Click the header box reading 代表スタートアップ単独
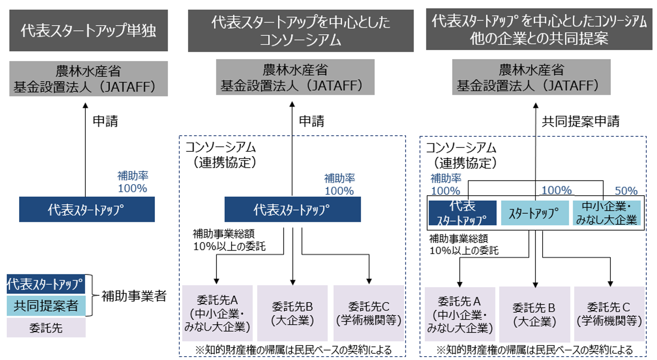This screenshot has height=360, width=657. click(89, 30)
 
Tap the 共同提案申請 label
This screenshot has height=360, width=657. click(581, 121)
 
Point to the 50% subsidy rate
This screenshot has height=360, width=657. click(626, 191)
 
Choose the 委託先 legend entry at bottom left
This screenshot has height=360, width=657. click(46, 328)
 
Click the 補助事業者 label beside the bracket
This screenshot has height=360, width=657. click(134, 296)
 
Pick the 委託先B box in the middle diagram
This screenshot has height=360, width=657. click(292, 313)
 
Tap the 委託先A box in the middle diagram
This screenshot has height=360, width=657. click(217, 313)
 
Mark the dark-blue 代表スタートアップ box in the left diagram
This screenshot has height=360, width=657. click(87, 210)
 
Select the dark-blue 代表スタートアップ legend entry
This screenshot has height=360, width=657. click(46, 284)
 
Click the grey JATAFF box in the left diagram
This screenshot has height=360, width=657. click(89, 79)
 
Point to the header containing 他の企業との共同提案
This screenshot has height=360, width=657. click(539, 30)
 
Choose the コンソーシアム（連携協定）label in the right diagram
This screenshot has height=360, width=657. click(461, 156)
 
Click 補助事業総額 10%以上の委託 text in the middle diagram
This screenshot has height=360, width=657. click(229, 240)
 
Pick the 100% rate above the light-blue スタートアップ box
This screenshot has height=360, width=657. click(556, 190)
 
